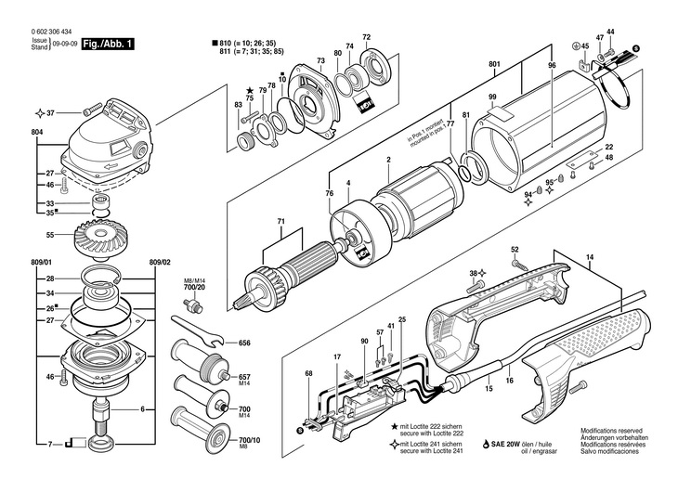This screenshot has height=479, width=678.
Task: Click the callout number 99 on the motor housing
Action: coord(493,97)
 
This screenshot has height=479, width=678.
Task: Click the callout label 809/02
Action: coord(161,263)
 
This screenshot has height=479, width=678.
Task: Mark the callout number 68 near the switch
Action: coord(308,374)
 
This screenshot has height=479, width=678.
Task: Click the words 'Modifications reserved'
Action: coord(612,432)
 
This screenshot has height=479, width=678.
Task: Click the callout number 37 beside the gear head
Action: coord(51,113)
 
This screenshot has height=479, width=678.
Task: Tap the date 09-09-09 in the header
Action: coord(65,44)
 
